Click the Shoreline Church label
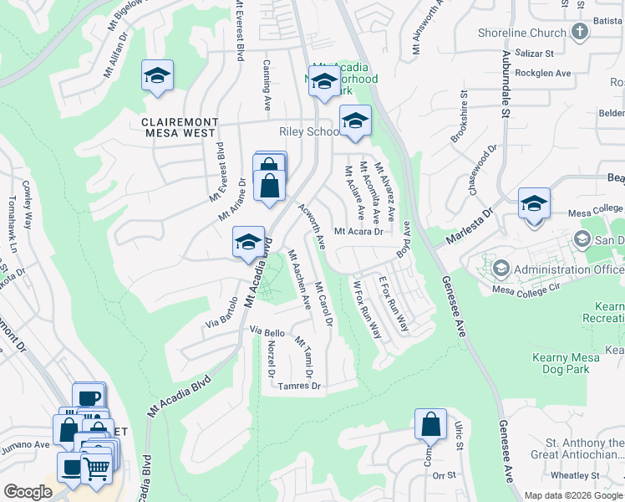coord(522,33)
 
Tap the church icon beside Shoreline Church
coord(581,33)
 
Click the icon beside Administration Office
coord(501,269)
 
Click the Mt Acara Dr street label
coord(358,232)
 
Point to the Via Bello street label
coord(268,332)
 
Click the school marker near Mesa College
coord(534,203)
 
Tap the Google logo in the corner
coord(28,492)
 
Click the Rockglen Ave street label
coord(542,74)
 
